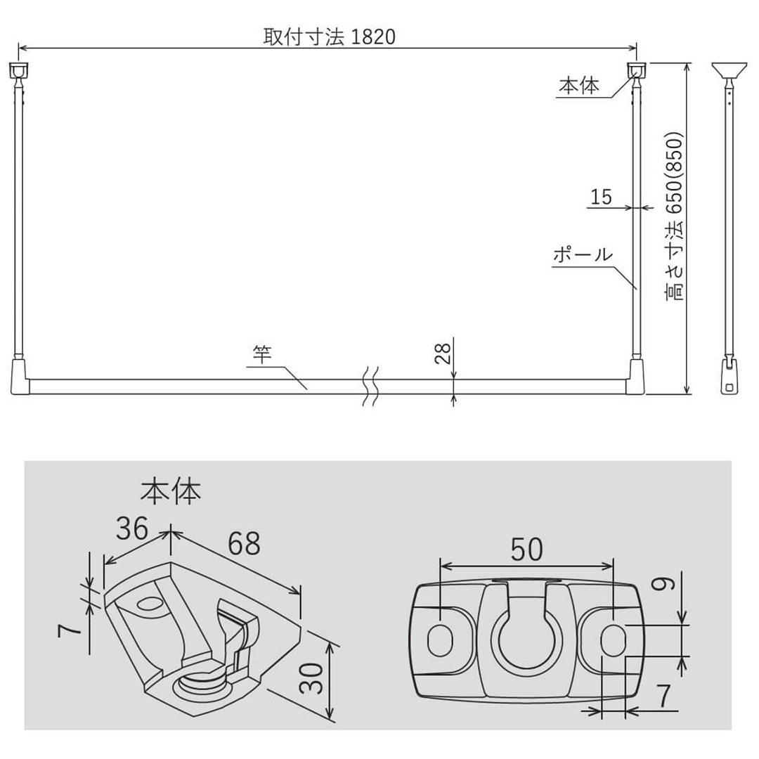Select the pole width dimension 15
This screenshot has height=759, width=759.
pyautogui.click(x=602, y=197)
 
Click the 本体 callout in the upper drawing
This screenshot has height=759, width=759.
pyautogui.click(x=578, y=86)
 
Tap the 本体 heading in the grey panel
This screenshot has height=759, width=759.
pyautogui.click(x=171, y=492)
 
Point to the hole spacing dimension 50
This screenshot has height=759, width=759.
pyautogui.click(x=526, y=550)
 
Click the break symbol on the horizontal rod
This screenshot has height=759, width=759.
pyautogui.click(x=371, y=386)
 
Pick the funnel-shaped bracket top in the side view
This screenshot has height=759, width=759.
pyautogui.click(x=728, y=70)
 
